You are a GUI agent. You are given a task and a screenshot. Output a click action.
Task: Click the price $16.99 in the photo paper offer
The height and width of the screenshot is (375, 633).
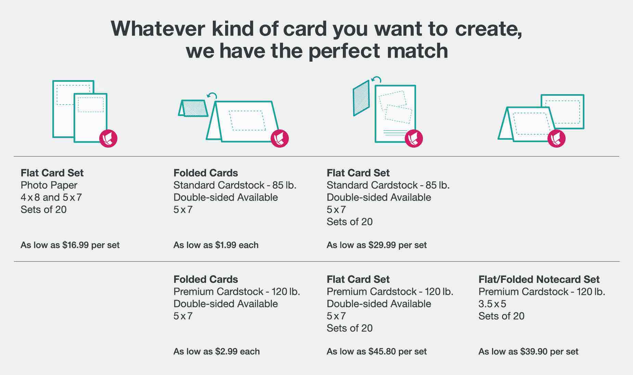(76, 245)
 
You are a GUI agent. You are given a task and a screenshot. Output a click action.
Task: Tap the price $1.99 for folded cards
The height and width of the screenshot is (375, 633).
(226, 245)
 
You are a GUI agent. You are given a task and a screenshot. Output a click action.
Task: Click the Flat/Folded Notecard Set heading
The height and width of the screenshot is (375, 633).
(539, 279)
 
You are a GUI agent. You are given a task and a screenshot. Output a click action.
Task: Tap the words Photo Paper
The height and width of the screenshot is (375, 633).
(49, 185)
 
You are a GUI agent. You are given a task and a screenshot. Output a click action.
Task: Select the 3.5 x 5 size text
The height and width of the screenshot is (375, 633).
(492, 304)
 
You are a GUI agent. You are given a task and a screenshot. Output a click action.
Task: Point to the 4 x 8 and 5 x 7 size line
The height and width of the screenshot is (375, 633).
(51, 198)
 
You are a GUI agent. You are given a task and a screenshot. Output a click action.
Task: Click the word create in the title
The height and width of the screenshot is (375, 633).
(488, 29)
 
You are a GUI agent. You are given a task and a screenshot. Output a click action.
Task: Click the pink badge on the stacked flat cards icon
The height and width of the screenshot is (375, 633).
(108, 138)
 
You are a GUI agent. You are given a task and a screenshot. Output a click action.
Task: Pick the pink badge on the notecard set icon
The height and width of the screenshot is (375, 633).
(556, 138)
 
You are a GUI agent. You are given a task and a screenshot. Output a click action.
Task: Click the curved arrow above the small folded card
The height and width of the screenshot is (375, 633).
(212, 96)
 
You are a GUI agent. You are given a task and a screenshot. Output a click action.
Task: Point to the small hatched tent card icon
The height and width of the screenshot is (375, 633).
(193, 108)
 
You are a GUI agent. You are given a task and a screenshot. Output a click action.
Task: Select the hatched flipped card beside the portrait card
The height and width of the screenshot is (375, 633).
(361, 98)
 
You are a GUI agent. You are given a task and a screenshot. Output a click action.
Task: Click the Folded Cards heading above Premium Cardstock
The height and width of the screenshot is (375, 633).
(206, 279)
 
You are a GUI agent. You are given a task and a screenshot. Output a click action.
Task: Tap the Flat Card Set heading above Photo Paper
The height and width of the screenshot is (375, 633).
(52, 173)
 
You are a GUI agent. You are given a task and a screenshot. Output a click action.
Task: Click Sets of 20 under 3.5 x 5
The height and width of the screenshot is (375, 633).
(501, 316)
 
